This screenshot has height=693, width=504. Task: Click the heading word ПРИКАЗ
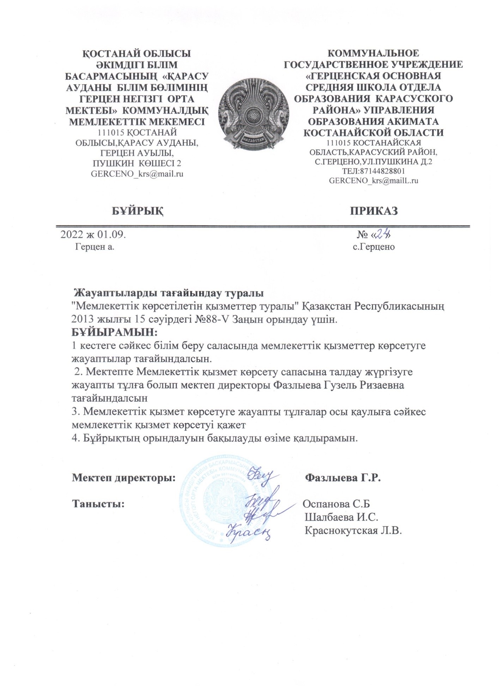pos(374,211)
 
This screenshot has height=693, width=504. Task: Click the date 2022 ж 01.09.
pos(93,235)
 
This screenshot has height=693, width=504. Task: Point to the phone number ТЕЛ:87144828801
pos(374,171)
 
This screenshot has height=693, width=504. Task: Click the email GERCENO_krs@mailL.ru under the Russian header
pos(374,181)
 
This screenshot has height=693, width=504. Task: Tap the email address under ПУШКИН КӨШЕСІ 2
pos(137,174)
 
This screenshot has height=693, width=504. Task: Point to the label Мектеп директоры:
pos(124,478)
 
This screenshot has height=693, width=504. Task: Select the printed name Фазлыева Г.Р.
pos(343,478)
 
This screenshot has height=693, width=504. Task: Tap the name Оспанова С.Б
pos(336,504)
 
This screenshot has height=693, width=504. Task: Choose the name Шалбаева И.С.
pos(341,517)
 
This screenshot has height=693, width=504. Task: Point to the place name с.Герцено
pos(374,247)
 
